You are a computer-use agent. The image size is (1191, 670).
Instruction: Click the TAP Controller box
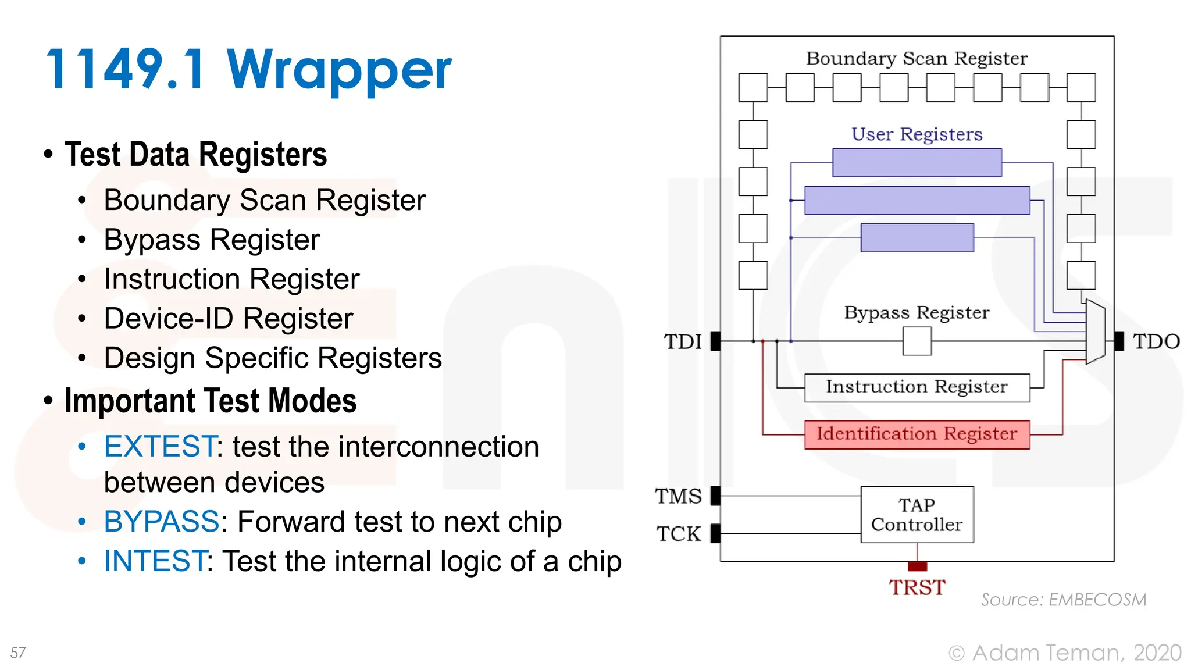click(x=917, y=515)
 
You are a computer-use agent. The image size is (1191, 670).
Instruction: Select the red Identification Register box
click(x=917, y=434)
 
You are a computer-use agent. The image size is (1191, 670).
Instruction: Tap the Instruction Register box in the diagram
click(x=917, y=387)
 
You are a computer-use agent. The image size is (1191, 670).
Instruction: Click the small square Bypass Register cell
click(x=917, y=341)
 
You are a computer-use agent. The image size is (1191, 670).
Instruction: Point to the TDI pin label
click(x=683, y=341)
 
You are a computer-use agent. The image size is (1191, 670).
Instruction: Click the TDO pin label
click(x=1156, y=341)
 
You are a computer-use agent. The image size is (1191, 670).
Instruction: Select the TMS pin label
click(x=678, y=496)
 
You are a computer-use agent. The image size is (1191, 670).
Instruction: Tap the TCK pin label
click(x=679, y=534)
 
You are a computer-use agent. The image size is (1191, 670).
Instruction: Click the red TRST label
click(x=917, y=587)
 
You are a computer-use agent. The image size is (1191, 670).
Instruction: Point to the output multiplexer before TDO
click(x=1096, y=332)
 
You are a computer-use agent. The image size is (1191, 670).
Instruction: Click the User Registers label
click(x=917, y=134)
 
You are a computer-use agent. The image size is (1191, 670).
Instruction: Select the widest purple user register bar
click(x=917, y=201)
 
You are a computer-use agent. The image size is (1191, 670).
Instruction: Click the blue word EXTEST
click(x=161, y=447)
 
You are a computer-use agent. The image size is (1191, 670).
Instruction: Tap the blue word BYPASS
click(x=162, y=522)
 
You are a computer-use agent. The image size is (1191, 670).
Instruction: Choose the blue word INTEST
click(x=155, y=561)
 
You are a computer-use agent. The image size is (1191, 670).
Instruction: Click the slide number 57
click(x=18, y=653)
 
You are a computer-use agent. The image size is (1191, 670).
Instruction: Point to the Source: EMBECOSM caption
click(x=1064, y=600)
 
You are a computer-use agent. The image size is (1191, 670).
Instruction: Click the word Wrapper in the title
click(x=339, y=70)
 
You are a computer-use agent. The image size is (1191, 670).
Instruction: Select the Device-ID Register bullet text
click(x=229, y=319)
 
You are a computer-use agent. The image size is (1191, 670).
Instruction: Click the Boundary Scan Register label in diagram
click(x=917, y=59)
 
